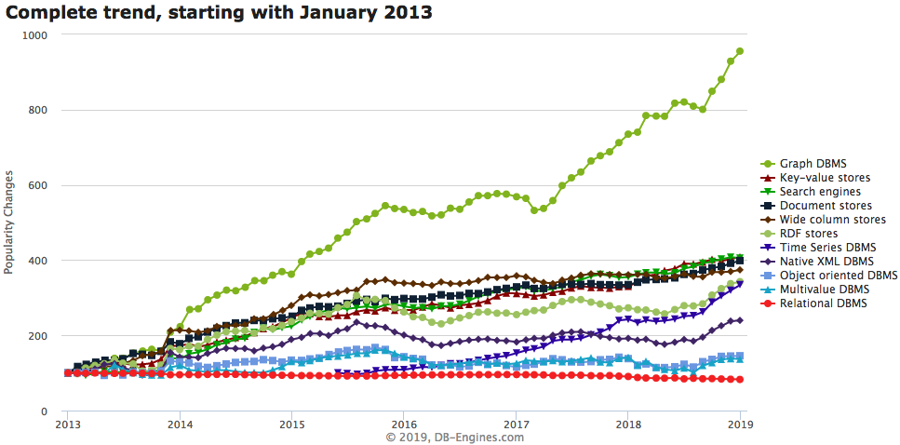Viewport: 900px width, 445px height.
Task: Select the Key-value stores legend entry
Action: [825, 177]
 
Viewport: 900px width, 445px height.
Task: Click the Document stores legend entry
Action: [826, 205]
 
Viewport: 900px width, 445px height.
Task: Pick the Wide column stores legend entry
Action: [832, 220]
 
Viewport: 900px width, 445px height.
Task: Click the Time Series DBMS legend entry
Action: [826, 248]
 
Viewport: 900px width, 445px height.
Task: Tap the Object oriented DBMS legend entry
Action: [838, 276]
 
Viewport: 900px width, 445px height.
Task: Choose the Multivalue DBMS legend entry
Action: [825, 290]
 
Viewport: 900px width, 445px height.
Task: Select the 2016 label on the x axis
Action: [403, 425]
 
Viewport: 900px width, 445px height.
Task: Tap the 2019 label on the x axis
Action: [740, 425]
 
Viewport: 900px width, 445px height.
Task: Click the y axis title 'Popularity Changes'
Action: [9, 222]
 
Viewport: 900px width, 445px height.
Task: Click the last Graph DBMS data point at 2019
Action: [740, 51]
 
